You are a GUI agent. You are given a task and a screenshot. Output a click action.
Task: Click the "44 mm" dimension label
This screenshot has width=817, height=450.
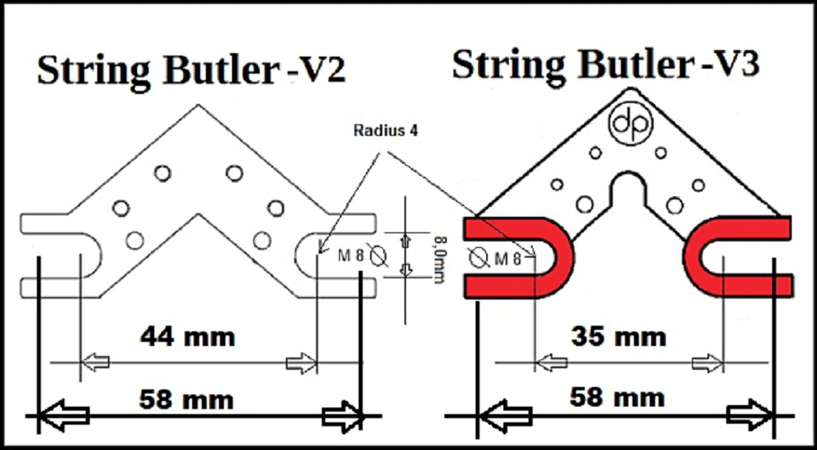(x=187, y=335)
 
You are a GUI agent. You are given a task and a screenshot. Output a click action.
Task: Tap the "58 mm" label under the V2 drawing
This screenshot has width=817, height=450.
(x=186, y=400)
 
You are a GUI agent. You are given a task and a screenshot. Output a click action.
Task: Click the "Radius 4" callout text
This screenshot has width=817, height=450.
(x=386, y=131)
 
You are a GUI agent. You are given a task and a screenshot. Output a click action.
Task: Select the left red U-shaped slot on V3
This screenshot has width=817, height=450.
(x=523, y=257)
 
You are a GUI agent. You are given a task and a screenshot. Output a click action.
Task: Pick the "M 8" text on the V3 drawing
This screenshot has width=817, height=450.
(x=507, y=259)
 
